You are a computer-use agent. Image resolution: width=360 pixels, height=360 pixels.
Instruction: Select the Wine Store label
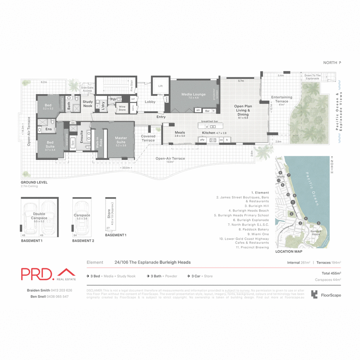(x=121, y=108)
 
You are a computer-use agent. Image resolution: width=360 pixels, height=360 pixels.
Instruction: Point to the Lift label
(x=160, y=85)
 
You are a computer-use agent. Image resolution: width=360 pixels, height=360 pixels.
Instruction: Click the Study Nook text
(x=88, y=104)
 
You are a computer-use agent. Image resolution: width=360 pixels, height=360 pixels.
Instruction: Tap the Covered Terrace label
(x=148, y=138)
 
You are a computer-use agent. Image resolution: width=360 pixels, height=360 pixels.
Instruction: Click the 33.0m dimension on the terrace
(x=126, y=167)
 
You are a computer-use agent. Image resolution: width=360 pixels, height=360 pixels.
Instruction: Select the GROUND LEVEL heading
(x=34, y=183)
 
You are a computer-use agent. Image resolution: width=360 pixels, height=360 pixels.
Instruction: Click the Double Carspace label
(x=39, y=217)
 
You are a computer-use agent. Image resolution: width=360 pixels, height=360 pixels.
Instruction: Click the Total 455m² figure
(x=330, y=273)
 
